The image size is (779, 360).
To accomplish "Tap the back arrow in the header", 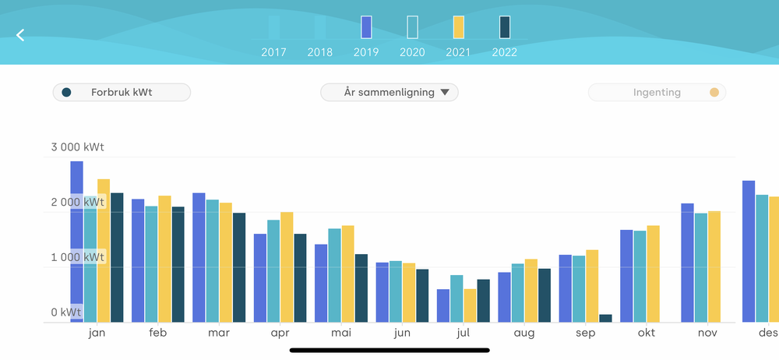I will [21, 35].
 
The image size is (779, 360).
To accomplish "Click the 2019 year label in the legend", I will [366, 53].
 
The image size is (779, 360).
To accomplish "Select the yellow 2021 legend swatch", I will [458, 27].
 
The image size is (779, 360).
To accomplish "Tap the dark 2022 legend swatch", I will [505, 27].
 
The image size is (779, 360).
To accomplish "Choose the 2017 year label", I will [274, 53].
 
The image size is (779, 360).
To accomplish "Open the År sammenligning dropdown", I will [389, 92].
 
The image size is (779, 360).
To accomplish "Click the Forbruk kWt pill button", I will [122, 92].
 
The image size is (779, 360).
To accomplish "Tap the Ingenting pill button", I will [657, 93].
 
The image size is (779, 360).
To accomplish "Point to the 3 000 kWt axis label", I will [77, 146].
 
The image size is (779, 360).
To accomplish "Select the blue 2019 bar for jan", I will [76, 242].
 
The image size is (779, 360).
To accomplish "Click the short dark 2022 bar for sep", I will [605, 318].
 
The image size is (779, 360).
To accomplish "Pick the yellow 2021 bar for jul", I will [470, 305].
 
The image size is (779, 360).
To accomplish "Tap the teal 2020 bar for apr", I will [273, 270].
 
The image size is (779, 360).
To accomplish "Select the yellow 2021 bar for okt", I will [653, 274].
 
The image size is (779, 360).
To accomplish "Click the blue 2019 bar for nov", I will [687, 263].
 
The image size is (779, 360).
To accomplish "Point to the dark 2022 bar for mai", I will [361, 288].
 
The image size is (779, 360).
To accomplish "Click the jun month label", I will [402, 333].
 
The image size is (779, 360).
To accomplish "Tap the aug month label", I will [524, 333].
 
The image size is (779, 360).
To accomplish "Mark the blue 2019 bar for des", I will [749, 251].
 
